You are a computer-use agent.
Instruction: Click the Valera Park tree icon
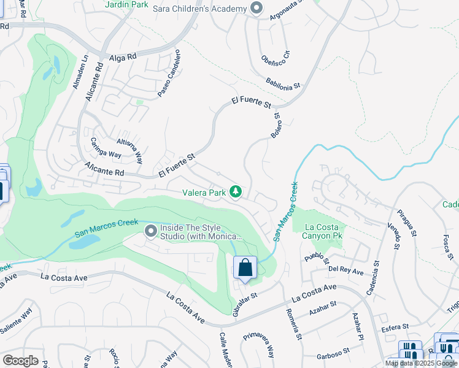235,193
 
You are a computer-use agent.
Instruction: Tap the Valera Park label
204,193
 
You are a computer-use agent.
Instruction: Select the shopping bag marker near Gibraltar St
245,268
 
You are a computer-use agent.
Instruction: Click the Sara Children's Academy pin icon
256,8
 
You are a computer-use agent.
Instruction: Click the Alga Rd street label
122,58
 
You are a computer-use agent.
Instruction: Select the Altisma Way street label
129,143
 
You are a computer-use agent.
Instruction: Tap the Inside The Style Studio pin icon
151,231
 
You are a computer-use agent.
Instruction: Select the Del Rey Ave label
345,269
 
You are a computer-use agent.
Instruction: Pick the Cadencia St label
374,278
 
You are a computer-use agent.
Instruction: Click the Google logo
20,360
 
